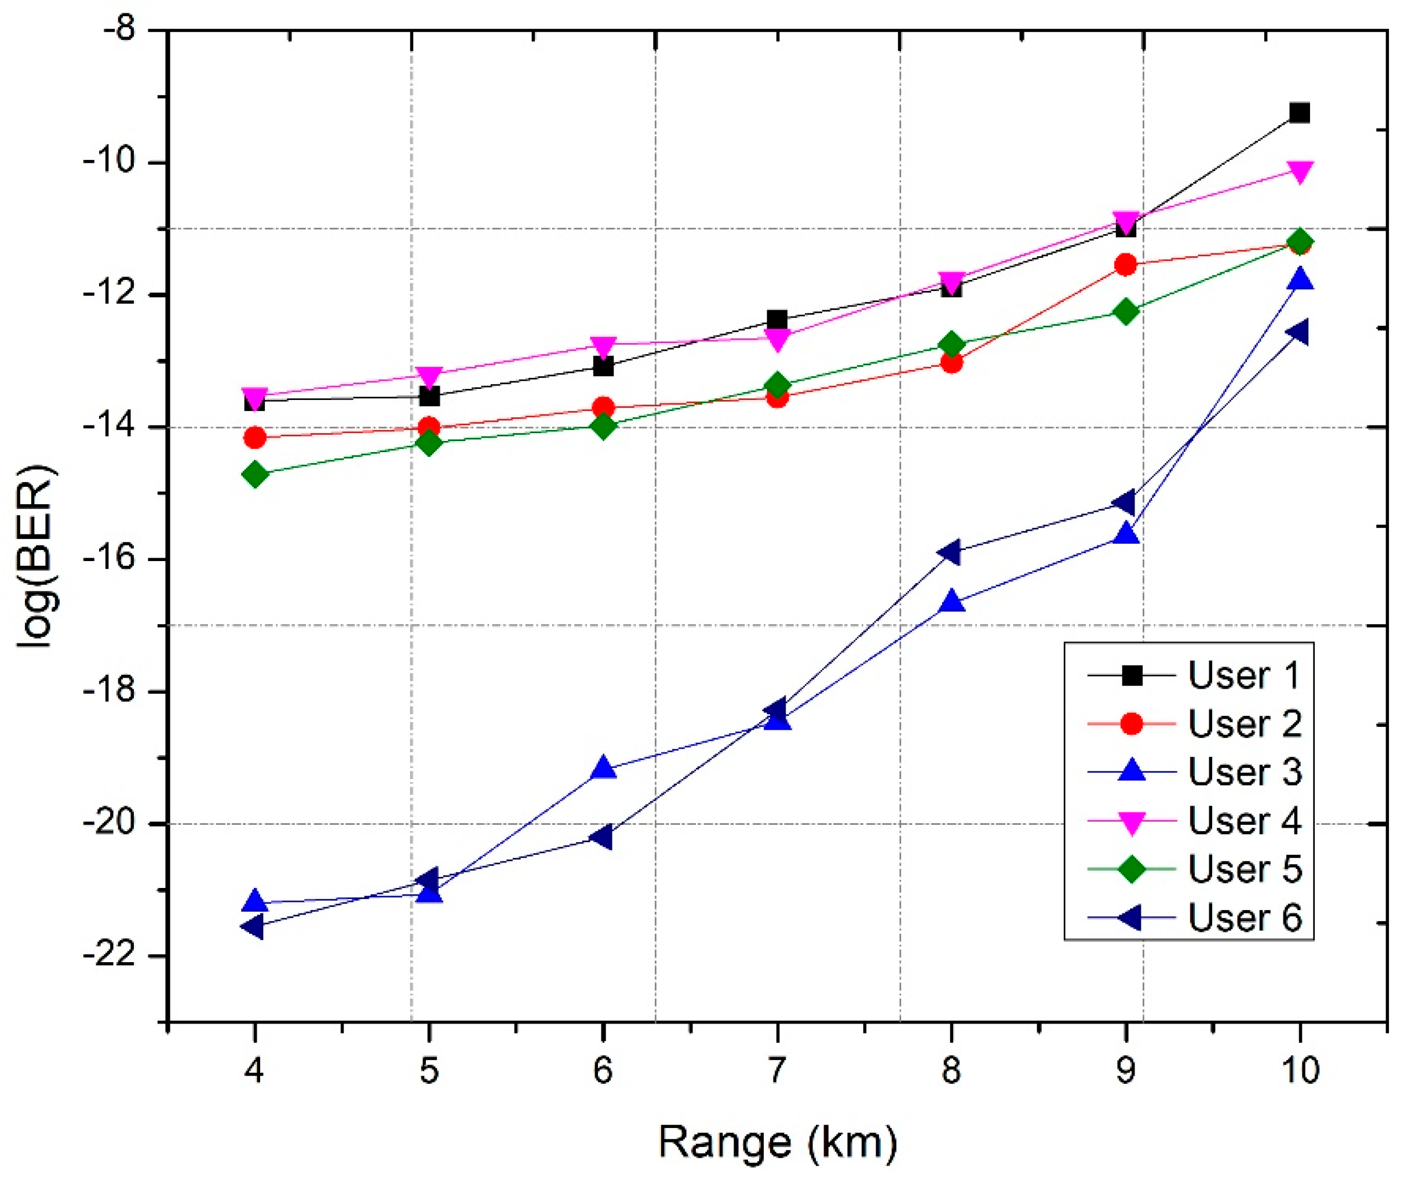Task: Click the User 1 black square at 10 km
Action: pos(1300,112)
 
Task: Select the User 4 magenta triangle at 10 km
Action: pos(1300,172)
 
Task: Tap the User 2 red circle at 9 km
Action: pos(1126,265)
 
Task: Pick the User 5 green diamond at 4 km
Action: pos(255,475)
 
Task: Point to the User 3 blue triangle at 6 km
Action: pos(603,768)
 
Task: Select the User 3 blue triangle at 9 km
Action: pos(1126,534)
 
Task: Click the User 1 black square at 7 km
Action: pos(777,319)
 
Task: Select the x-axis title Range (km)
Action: pos(777,1142)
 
